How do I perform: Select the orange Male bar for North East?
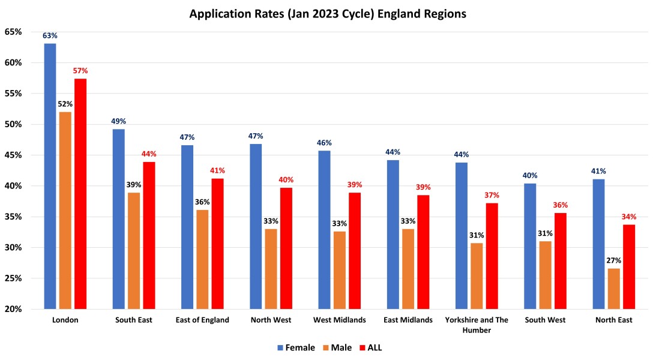(x=614, y=289)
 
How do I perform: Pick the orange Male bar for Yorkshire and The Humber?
(x=477, y=276)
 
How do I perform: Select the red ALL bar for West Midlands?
(x=355, y=251)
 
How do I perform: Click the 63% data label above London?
(x=50, y=36)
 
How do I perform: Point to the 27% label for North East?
(x=614, y=260)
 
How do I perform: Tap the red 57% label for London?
(x=80, y=71)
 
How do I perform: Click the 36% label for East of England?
(x=202, y=202)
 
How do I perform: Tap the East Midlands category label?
(x=408, y=320)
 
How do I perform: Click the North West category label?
(x=271, y=320)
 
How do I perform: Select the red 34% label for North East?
(x=629, y=217)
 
